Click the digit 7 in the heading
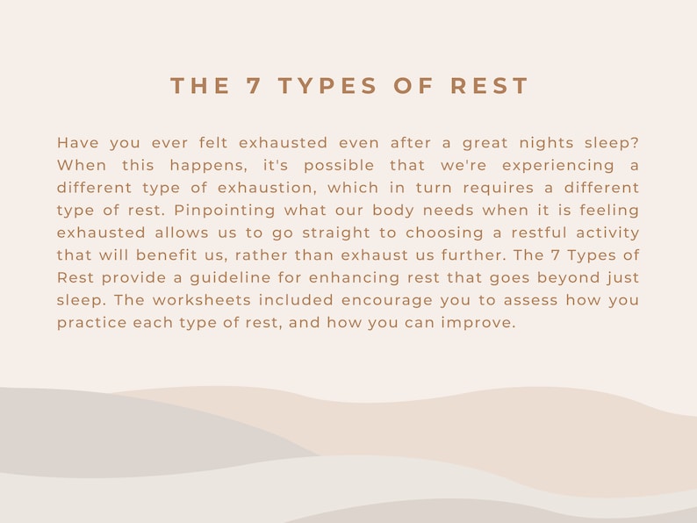coord(254,86)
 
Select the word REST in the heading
coord(490,86)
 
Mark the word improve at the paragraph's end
coord(482,323)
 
